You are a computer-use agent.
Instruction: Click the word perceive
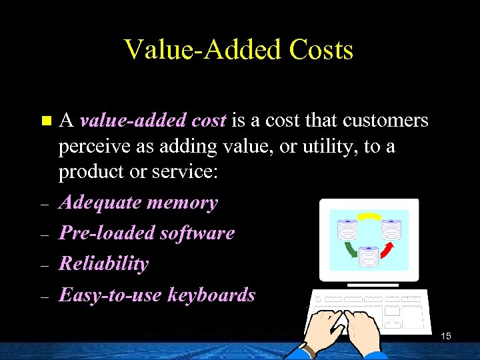pos(94,146)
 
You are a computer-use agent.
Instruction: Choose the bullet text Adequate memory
pos(138,203)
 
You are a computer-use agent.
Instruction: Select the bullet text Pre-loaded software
pos(147,233)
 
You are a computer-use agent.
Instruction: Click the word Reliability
pos(103,263)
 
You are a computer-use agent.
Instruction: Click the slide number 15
pos(446,336)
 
